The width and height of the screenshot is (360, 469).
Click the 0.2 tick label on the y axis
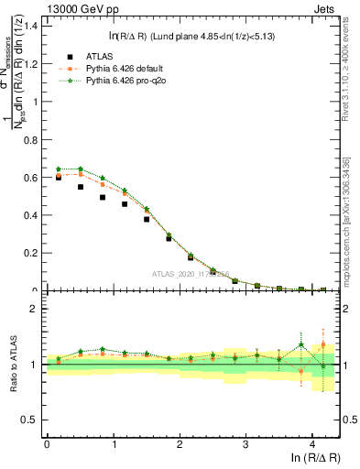coord(31,254)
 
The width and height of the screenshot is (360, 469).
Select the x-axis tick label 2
coord(179,443)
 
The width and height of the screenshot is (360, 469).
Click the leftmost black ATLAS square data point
coord(59,178)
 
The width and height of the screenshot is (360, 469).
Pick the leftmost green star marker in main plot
coord(59,169)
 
